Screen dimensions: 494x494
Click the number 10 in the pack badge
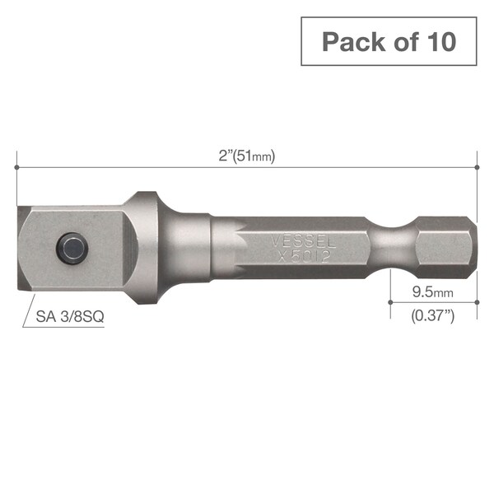click(436, 40)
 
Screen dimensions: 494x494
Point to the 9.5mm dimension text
click(432, 291)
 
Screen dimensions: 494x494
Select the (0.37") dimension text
click(432, 314)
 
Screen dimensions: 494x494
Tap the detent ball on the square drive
click(72, 246)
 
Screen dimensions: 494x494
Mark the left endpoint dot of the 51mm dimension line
click(16, 167)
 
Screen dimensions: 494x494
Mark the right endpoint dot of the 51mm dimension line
click(478, 167)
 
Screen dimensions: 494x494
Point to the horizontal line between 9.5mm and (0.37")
click(432, 302)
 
